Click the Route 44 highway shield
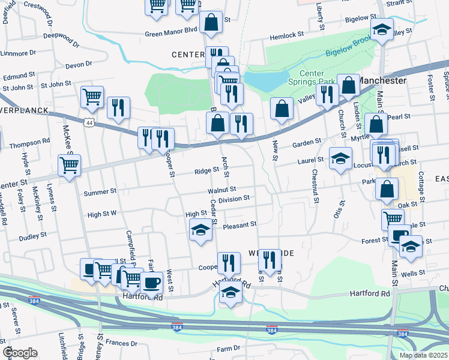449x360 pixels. pos(89,122)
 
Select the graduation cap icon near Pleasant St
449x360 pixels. pos(200,229)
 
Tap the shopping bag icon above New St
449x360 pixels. pos(282,109)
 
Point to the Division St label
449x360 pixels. pos(234,199)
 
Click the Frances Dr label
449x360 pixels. pos(121,344)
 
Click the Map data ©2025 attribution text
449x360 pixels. pos(423,355)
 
